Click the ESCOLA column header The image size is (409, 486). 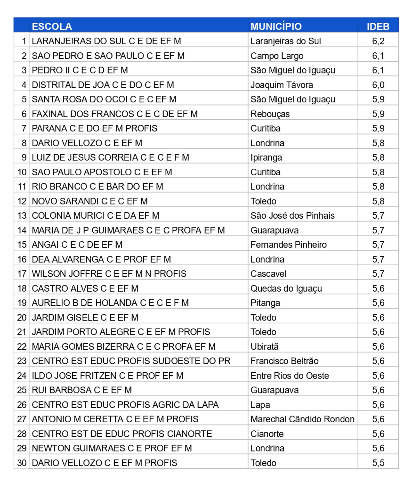(x=52, y=26)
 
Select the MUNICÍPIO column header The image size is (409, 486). (x=276, y=26)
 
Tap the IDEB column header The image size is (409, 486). (x=378, y=26)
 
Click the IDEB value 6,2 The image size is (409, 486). (x=378, y=41)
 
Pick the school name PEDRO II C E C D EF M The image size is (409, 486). (x=80, y=70)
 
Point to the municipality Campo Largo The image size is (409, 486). (x=277, y=56)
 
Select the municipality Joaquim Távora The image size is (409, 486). (x=281, y=85)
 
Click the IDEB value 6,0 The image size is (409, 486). (x=378, y=85)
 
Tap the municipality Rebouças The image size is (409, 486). (x=270, y=114)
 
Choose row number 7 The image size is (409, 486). (x=24, y=128)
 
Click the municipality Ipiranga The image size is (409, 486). (x=266, y=157)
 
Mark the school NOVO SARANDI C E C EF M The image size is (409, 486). (x=89, y=201)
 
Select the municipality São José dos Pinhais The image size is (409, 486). (x=292, y=216)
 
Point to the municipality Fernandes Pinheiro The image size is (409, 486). (x=288, y=245)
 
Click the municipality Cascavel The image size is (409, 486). (x=268, y=274)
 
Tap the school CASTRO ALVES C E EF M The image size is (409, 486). (x=85, y=288)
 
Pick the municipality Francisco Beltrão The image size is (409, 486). (x=284, y=361)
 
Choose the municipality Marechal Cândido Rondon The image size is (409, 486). (x=302, y=419)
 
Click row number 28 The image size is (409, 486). (x=22, y=434)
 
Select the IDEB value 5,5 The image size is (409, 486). (x=378, y=463)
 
